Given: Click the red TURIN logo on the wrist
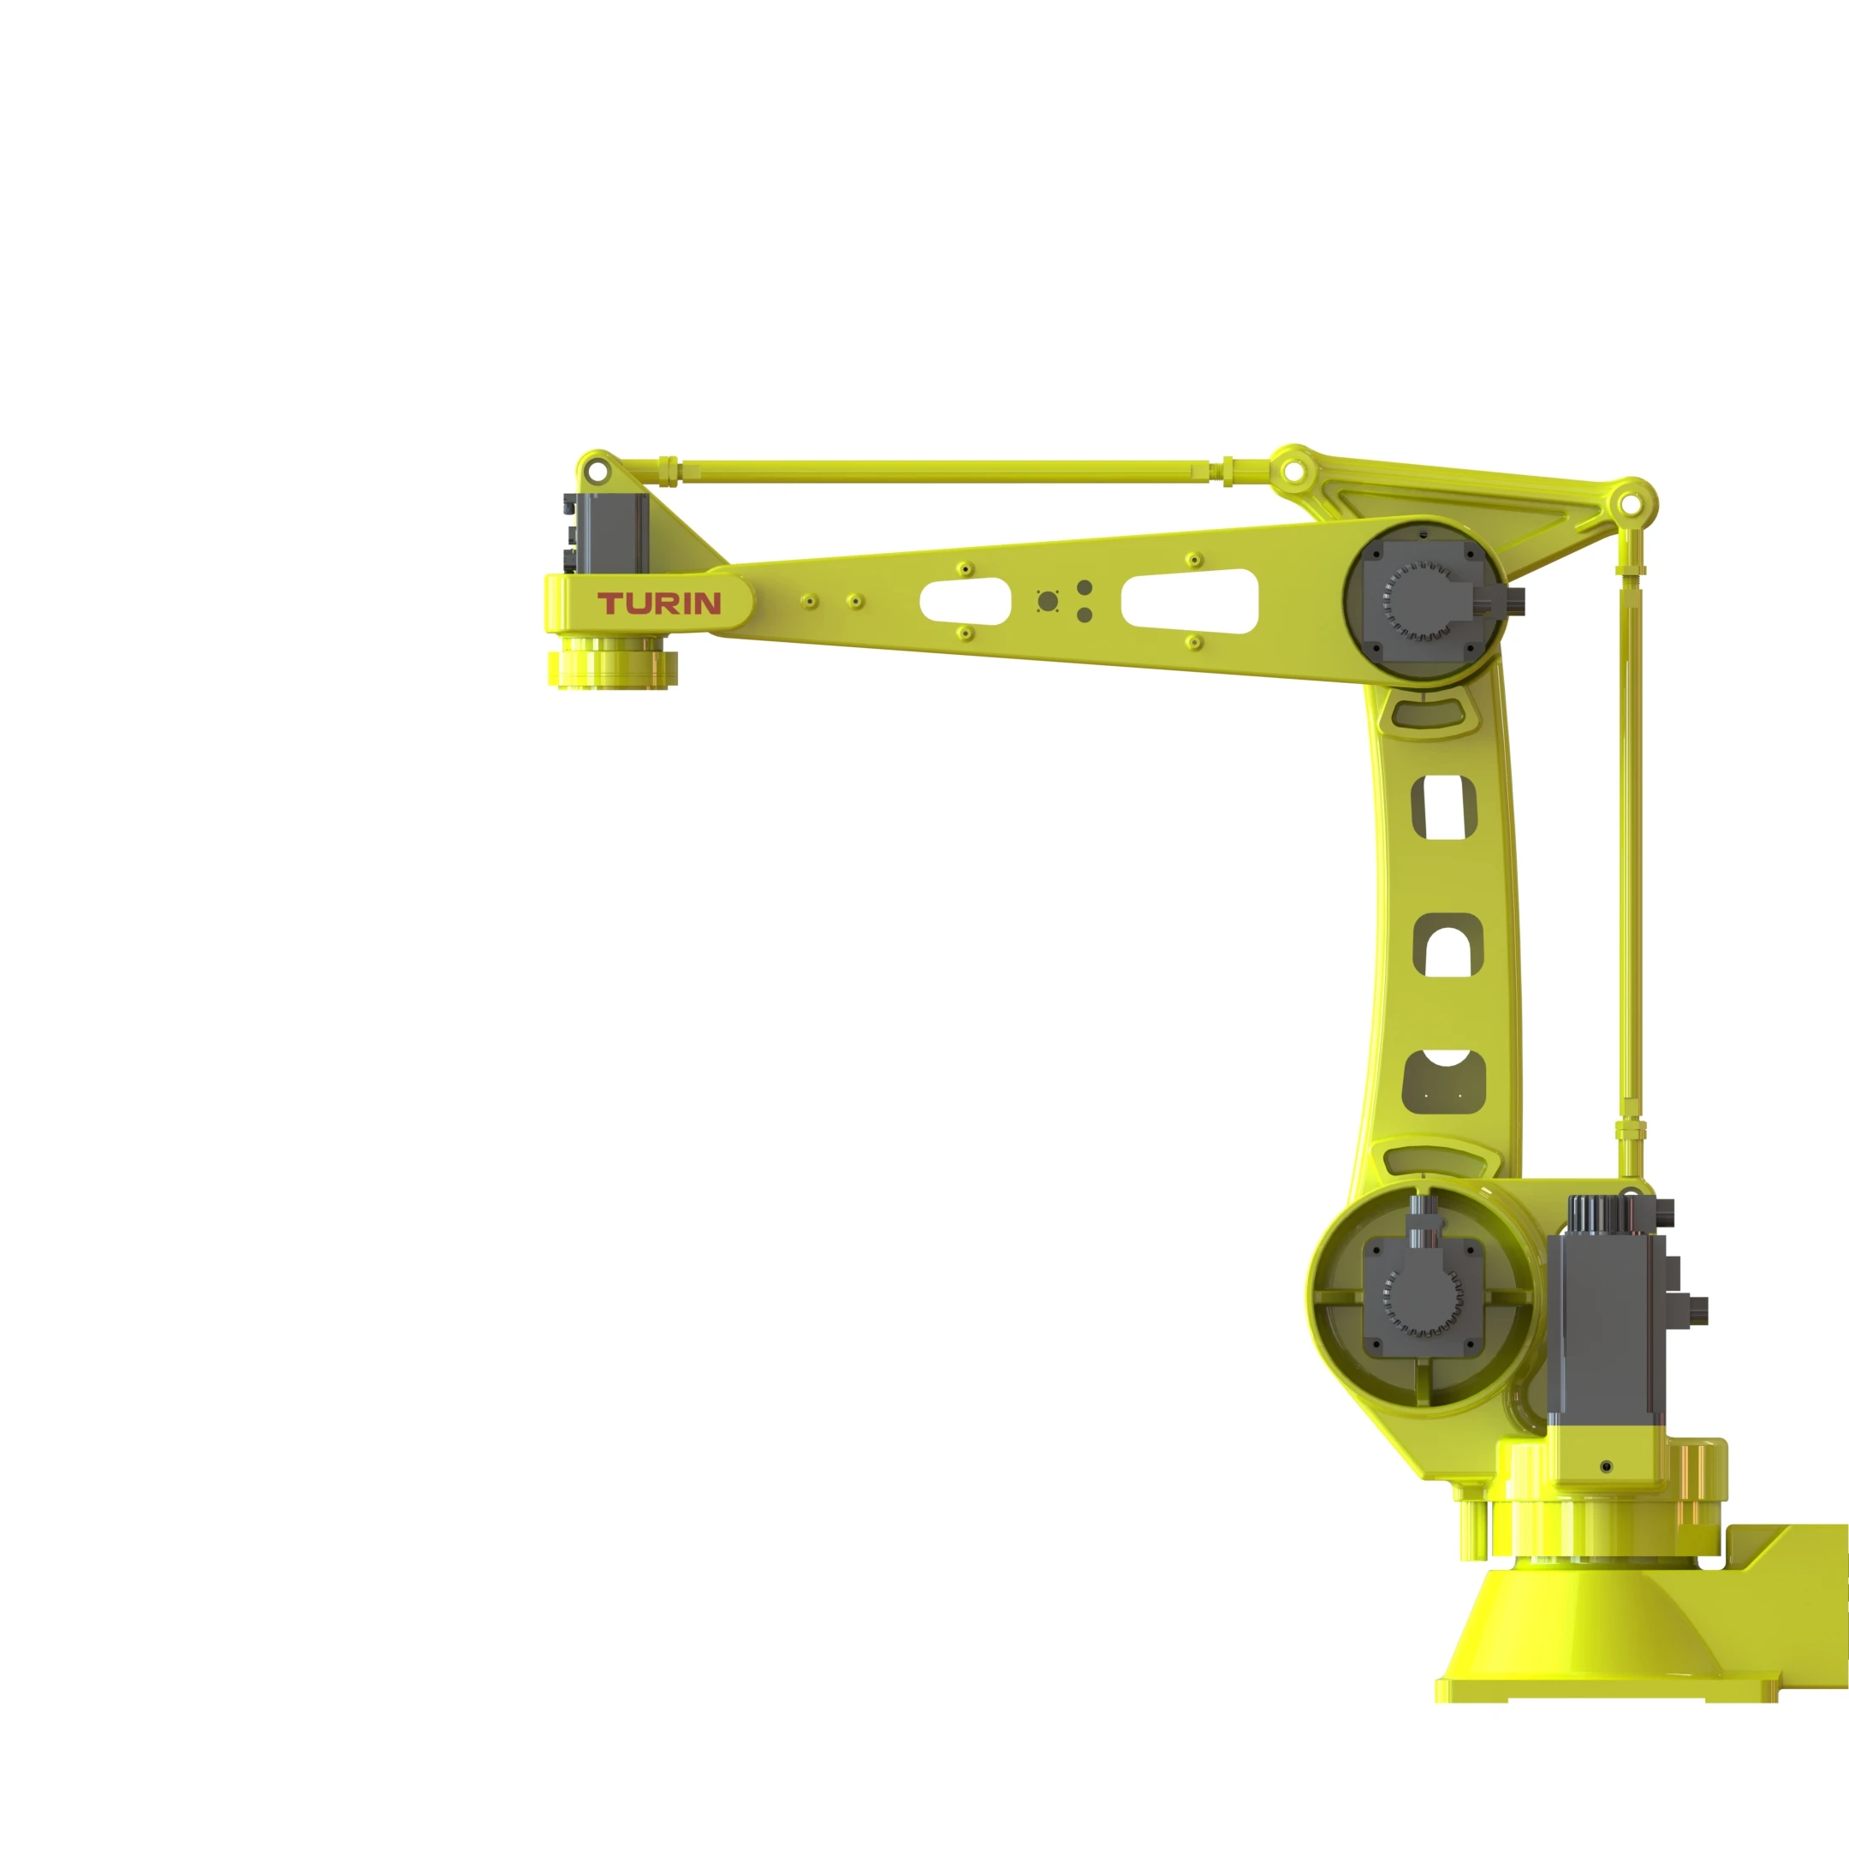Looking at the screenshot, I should [x=659, y=603].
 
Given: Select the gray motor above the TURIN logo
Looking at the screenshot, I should [x=613, y=535].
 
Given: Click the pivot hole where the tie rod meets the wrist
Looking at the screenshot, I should [x=598, y=472].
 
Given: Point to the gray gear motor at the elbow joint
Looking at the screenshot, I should [x=1423, y=601].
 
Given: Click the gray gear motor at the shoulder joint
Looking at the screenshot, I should [x=1423, y=1297].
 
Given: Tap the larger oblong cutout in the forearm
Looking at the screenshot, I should [x=1190, y=601].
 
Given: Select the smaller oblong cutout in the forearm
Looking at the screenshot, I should [x=965, y=601].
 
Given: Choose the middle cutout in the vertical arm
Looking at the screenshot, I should [x=1448, y=946].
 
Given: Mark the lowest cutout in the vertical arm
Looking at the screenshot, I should [x=1444, y=1082].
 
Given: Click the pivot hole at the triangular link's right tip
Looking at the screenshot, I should [x=1629, y=503].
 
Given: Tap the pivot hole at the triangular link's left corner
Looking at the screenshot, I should [x=1293, y=471].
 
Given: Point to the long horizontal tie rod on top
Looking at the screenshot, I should [x=948, y=471].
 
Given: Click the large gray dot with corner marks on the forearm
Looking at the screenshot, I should [x=1048, y=601].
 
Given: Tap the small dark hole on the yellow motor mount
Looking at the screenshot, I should [x=1606, y=1467].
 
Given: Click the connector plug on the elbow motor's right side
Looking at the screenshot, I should [x=1515, y=600].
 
